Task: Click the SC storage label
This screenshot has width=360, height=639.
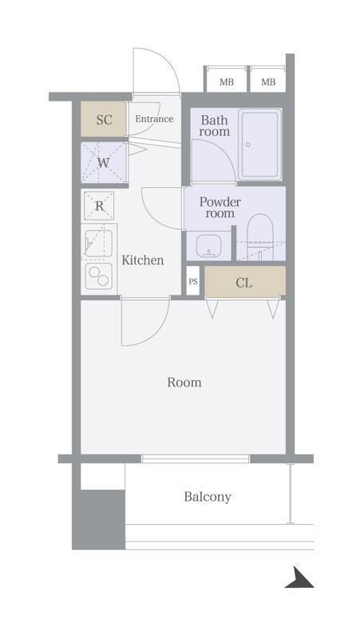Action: click(105, 120)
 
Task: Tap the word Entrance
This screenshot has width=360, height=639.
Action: click(154, 119)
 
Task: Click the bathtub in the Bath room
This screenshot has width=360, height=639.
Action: click(259, 144)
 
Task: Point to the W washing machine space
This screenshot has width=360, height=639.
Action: click(104, 163)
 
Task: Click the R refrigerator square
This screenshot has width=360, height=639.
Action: click(99, 206)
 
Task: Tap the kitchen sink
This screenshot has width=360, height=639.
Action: click(98, 244)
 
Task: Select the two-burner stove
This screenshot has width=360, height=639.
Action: click(98, 276)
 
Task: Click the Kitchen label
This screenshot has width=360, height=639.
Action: click(143, 260)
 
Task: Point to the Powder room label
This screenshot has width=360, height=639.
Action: click(220, 208)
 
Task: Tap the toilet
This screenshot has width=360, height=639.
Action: click(261, 237)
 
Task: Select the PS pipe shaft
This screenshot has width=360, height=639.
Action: click(192, 281)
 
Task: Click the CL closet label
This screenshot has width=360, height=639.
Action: click(244, 283)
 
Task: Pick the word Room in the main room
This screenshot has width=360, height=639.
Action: click(184, 383)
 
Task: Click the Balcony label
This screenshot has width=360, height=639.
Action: click(208, 497)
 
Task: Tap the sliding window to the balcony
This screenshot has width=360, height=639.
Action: click(196, 458)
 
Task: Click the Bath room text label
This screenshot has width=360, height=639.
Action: click(215, 126)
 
